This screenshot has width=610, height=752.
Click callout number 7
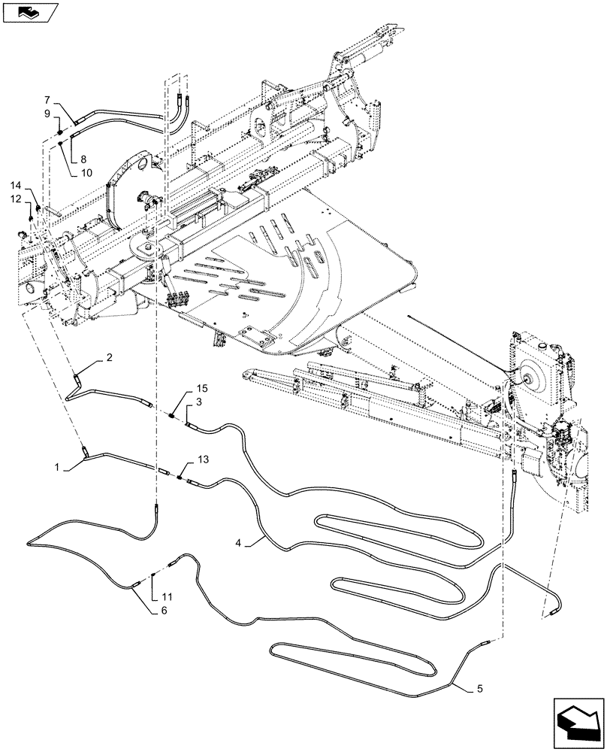(x=47, y=99)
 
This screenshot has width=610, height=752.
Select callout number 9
(x=47, y=114)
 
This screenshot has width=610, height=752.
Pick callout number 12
(x=15, y=199)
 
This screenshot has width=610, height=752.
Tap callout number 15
(x=181, y=389)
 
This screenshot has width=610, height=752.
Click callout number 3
(x=198, y=403)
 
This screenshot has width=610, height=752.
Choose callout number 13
(x=181, y=458)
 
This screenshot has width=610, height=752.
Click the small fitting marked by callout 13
(x=180, y=475)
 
